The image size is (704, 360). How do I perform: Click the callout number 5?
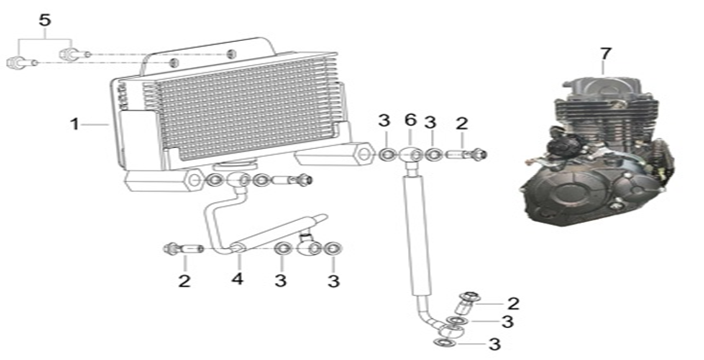point(45,20)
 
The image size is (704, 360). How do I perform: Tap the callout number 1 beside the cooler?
point(75,124)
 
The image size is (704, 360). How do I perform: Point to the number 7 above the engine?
point(605,53)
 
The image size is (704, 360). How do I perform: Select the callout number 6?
point(410,121)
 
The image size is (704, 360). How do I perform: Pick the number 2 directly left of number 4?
point(184,281)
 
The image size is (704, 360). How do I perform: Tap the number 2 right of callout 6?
point(462,124)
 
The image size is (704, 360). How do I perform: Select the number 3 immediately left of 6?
point(384,121)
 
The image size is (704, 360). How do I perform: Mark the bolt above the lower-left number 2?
point(183,248)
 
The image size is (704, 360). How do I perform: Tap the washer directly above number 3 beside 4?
point(282,248)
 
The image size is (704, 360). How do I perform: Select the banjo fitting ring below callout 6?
point(411,154)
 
